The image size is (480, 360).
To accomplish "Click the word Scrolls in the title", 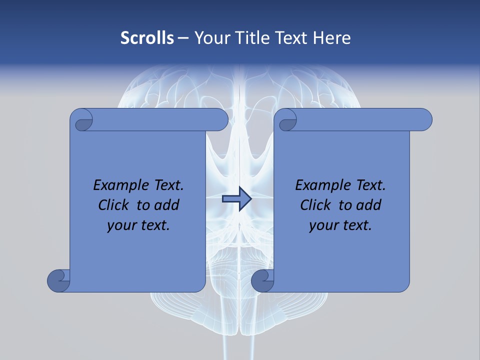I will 147,38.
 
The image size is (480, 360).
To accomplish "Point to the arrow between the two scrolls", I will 236,199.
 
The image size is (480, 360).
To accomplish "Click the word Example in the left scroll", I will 119,185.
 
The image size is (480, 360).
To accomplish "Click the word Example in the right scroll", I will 321,185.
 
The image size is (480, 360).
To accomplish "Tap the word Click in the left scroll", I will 115,205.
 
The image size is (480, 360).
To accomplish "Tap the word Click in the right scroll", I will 317,205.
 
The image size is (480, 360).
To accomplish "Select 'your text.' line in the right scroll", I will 340,225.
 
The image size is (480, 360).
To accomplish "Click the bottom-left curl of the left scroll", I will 58,280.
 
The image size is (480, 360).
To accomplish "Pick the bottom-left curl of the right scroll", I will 262,280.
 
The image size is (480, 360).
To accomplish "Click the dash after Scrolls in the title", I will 183,38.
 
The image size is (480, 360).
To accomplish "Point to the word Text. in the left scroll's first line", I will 166,185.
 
